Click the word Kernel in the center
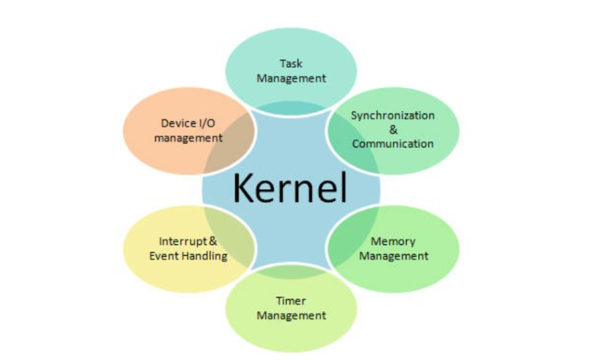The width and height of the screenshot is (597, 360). (x=290, y=187)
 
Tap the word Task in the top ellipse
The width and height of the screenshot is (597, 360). (x=291, y=64)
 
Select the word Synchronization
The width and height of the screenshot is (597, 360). (x=392, y=115)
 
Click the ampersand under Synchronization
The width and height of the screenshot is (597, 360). (x=393, y=129)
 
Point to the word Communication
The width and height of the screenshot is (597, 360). (x=392, y=144)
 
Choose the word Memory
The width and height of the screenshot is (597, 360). (x=393, y=242)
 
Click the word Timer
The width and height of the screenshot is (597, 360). (x=291, y=301)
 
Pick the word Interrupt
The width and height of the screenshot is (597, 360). (x=183, y=242)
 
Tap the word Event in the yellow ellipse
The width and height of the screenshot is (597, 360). (x=164, y=256)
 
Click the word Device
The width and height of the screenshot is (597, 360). (x=177, y=123)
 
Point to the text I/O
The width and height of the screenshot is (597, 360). (x=205, y=123)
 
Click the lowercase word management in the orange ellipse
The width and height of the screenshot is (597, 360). (x=188, y=138)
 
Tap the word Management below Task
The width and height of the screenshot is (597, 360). (x=291, y=78)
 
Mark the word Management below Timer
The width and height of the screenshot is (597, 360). (x=291, y=316)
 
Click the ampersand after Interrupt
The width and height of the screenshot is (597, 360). (x=213, y=242)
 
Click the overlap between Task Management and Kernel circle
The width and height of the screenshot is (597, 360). (x=291, y=107)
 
